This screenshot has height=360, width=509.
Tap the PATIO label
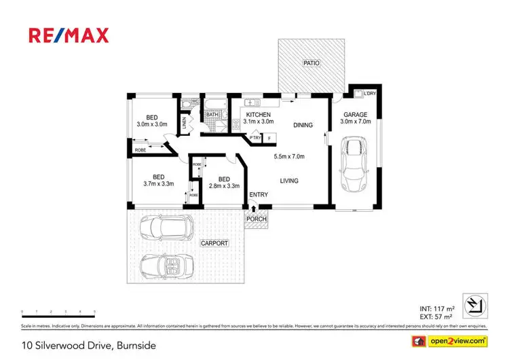tap(311, 63)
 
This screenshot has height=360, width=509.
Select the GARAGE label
tap(356, 115)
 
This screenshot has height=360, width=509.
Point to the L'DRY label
tap(370, 93)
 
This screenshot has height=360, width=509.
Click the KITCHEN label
tap(258, 115)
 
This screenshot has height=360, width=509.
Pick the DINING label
tap(303, 125)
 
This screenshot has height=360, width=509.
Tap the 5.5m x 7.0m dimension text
tap(289, 157)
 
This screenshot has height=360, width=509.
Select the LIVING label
tap(289, 180)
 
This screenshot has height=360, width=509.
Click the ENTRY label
tap(259, 195)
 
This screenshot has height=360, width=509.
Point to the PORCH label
tap(257, 219)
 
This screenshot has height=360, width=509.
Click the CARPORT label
tap(214, 242)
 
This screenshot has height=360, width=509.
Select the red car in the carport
tap(164, 226)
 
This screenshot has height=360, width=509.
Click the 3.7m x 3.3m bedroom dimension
tap(158, 183)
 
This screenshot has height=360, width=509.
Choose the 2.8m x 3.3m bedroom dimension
tap(224, 185)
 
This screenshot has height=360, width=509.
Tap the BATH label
tap(212, 115)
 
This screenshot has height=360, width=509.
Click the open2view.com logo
tap(453, 340)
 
